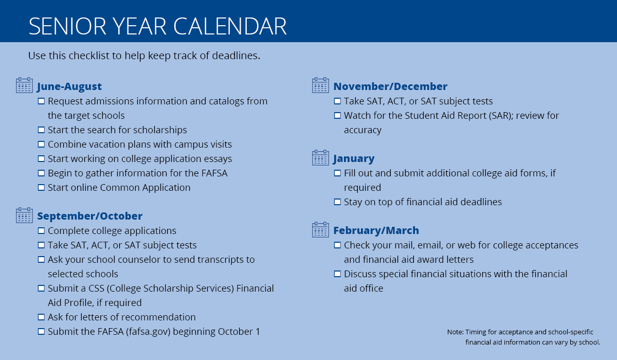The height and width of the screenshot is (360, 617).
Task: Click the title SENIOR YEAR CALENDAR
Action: coord(157,26)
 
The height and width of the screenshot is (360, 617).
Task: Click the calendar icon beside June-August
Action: coord(24,85)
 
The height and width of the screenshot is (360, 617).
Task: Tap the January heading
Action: coord(354,158)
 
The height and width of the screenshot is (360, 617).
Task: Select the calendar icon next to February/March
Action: coord(320,229)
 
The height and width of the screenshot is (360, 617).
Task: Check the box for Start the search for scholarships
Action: coord(41,130)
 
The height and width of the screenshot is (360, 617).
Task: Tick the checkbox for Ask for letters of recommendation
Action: coord(41,317)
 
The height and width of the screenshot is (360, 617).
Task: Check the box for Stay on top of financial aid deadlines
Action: coord(337,202)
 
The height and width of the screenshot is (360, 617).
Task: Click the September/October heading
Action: coord(89,216)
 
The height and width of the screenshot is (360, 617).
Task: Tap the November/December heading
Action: coord(390,86)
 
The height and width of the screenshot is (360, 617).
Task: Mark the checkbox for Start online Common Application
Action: coord(41,188)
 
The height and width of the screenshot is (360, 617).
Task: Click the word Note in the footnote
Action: coord(455,332)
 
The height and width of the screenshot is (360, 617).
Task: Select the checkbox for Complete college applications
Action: coord(41,231)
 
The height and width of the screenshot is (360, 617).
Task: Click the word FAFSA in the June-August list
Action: coord(212,173)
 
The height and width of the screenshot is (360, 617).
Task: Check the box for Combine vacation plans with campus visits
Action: coord(41,145)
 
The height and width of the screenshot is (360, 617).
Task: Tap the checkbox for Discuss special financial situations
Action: coord(337,274)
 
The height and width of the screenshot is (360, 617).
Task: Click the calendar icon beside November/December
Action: coord(320,85)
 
